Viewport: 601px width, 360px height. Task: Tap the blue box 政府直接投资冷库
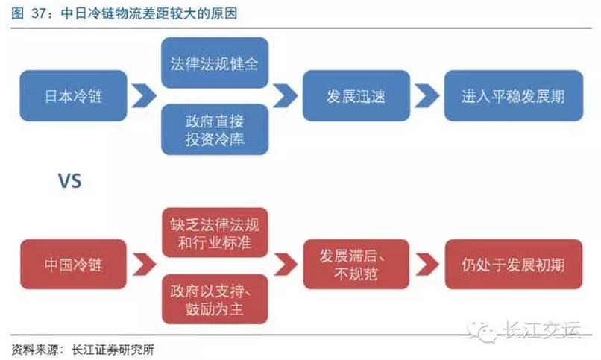pos(214,129)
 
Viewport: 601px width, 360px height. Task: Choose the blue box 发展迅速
pos(354,95)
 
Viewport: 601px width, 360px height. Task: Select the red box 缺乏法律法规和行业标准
pos(215,232)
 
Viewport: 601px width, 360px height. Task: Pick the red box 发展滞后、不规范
pos(354,265)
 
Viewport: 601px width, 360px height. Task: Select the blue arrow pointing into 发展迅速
pos(281,95)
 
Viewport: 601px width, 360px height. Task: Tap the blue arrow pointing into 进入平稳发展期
pos(426,95)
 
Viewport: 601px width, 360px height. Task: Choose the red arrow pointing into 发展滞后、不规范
pos(281,265)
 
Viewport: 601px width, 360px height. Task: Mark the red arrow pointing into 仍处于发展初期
pos(426,265)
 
